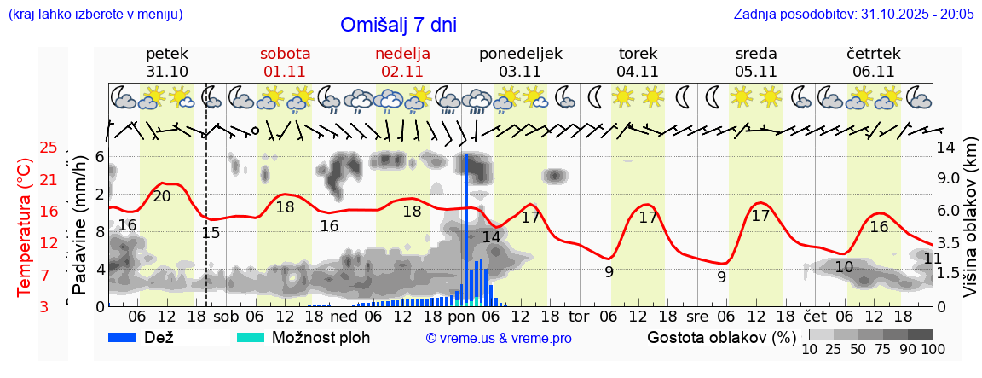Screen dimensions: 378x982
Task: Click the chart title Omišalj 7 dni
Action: [x=398, y=25]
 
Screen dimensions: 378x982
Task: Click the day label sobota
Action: [x=285, y=54]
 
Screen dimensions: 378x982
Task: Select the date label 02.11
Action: [x=402, y=72]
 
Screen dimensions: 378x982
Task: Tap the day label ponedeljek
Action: [x=521, y=54]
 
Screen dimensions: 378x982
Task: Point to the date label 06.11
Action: [x=873, y=72]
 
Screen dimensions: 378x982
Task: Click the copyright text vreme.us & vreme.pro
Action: [x=499, y=338]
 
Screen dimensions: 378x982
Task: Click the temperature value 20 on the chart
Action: [x=162, y=196]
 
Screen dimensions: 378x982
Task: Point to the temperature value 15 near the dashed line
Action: [x=211, y=232]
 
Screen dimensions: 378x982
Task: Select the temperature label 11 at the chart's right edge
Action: [x=933, y=258]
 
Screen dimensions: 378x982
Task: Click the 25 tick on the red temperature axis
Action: [x=49, y=148]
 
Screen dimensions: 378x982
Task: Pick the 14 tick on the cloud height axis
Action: [x=945, y=147]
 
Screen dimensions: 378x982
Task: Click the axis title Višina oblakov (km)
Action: [x=970, y=227]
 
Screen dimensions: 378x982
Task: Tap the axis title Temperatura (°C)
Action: [x=25, y=227]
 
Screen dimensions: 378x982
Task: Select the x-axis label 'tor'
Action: [x=579, y=316]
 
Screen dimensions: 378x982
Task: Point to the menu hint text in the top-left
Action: [x=95, y=15]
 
